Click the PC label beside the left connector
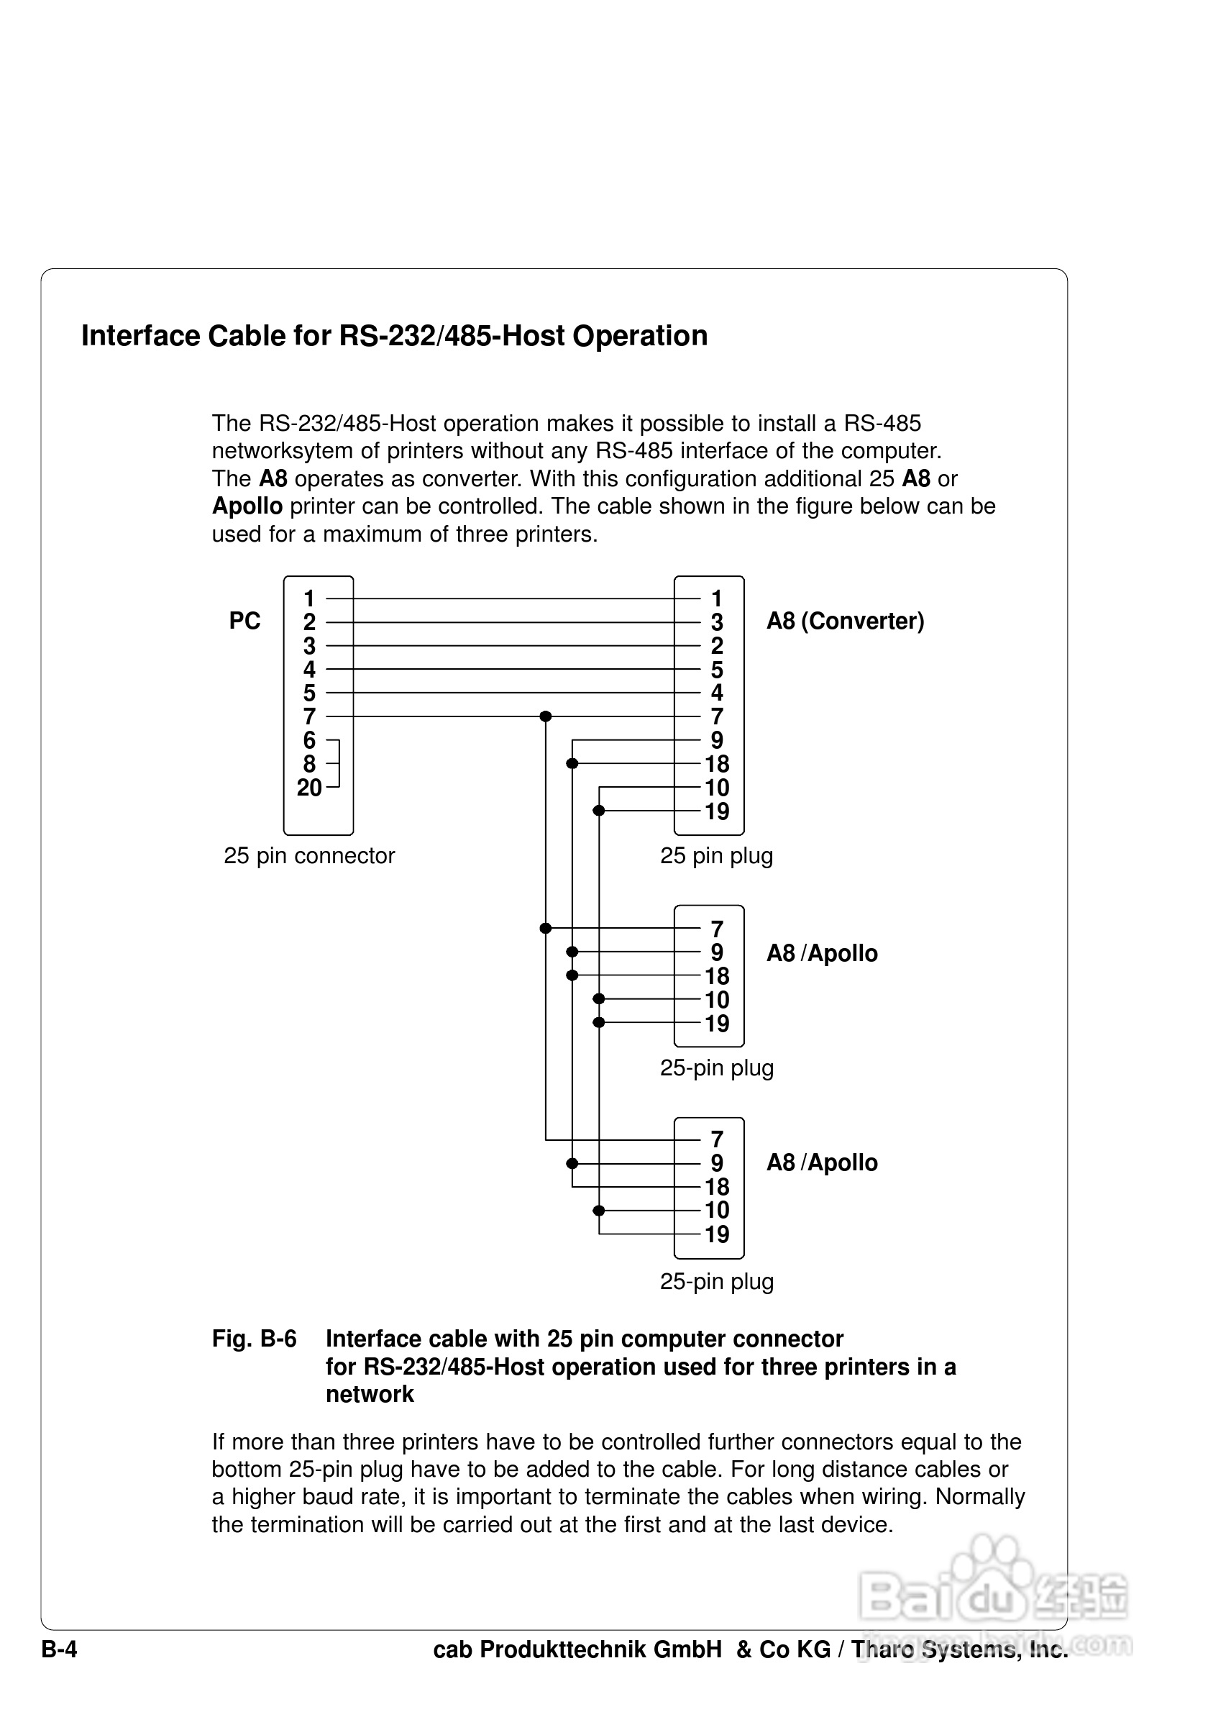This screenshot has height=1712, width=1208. click(x=244, y=621)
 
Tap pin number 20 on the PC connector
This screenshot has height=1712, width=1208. click(x=309, y=788)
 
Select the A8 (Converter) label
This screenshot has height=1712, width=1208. click(x=845, y=621)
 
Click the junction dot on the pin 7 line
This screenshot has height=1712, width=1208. click(x=546, y=716)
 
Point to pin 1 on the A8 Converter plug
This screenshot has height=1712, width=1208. click(x=716, y=598)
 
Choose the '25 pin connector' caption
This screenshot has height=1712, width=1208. click(x=309, y=855)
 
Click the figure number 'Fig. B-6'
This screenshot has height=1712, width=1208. click(x=254, y=1339)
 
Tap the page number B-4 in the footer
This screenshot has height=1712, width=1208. click(x=60, y=1649)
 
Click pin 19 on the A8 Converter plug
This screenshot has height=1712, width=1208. click(x=717, y=811)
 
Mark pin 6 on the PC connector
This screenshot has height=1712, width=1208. click(x=309, y=740)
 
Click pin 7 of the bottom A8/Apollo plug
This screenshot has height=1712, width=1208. click(x=717, y=1139)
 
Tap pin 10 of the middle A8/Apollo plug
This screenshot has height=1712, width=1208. click(x=717, y=1000)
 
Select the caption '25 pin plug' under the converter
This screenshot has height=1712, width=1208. click(x=716, y=855)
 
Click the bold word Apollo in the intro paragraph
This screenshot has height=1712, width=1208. click(x=247, y=506)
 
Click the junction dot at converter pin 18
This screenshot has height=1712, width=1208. click(x=572, y=763)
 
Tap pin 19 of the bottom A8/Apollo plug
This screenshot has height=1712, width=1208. click(x=717, y=1234)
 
